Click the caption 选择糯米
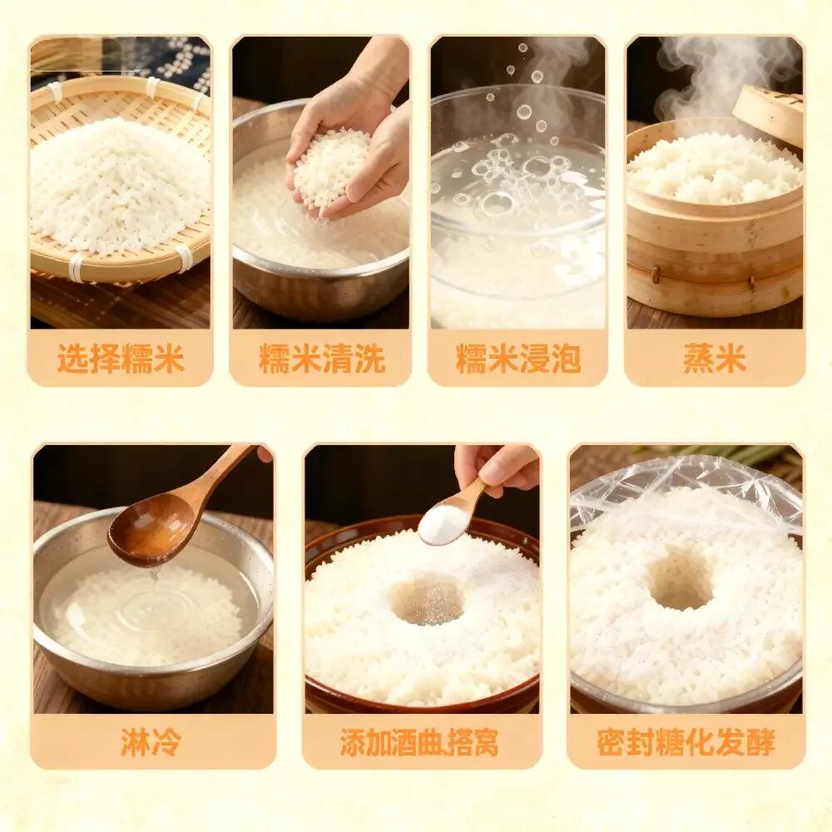pos(121,358)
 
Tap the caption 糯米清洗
pos(321,358)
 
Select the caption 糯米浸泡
pos(518,358)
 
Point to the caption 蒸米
pos(714,358)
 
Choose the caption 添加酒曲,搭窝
pos(419,742)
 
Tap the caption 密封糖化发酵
pos(686,741)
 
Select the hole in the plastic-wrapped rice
pos(682,577)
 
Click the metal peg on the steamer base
pos(655,275)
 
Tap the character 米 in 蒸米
pos(730,358)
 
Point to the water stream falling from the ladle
pos(154,588)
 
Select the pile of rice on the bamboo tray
pos(119,185)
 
